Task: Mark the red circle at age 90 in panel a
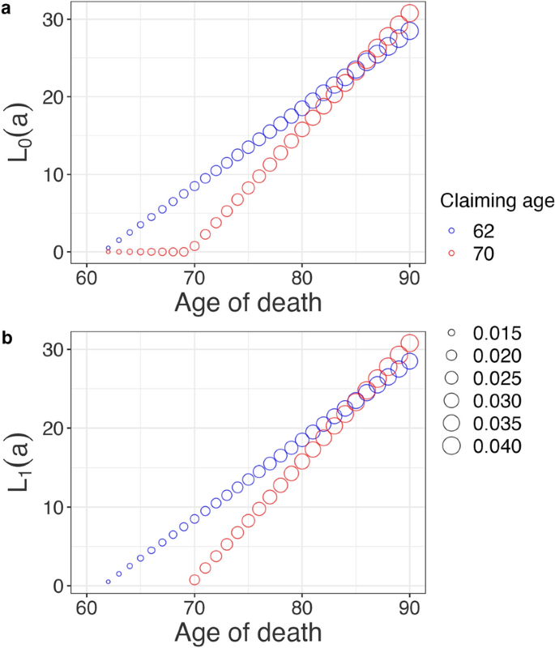tap(410, 13)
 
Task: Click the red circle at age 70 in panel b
tap(194, 580)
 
